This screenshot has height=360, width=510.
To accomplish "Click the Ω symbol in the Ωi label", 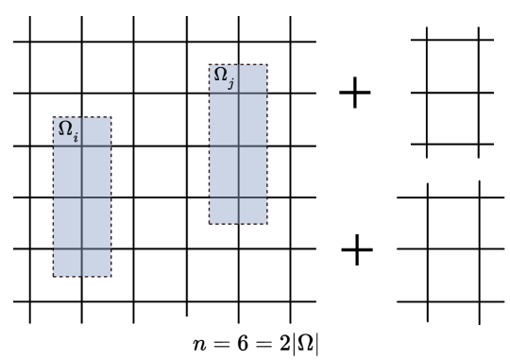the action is tap(65, 129).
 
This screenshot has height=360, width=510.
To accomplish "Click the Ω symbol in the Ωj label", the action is tap(221, 75).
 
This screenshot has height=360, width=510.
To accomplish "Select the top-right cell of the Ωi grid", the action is tap(96, 131).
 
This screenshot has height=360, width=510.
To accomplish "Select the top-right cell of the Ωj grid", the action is tap(252, 78).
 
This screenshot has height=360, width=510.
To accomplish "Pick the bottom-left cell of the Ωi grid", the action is tap(67, 262).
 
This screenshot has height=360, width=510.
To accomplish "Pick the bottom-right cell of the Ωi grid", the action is tap(96, 262).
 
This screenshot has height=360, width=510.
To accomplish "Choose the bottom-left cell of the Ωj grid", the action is tap(224, 210).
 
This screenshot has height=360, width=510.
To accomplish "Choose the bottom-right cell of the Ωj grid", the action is tap(252, 210).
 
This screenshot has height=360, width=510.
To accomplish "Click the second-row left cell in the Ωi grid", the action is tap(67, 171).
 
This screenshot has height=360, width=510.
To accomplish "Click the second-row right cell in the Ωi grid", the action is tap(96, 171).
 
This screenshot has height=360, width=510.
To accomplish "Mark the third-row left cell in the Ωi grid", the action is tap(67, 223).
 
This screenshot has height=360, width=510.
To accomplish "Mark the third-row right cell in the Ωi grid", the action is tap(96, 223).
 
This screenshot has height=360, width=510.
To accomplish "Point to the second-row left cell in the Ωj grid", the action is tap(224, 119).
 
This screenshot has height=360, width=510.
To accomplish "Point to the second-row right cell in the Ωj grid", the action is tap(252, 119).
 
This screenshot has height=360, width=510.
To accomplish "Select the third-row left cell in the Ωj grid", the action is tap(224, 171).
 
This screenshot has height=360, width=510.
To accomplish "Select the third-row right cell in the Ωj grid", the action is tap(252, 171).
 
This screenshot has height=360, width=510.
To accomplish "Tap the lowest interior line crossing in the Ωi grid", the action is tap(82, 249).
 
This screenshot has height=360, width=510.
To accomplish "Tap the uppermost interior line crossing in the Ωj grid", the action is tap(238, 93).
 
